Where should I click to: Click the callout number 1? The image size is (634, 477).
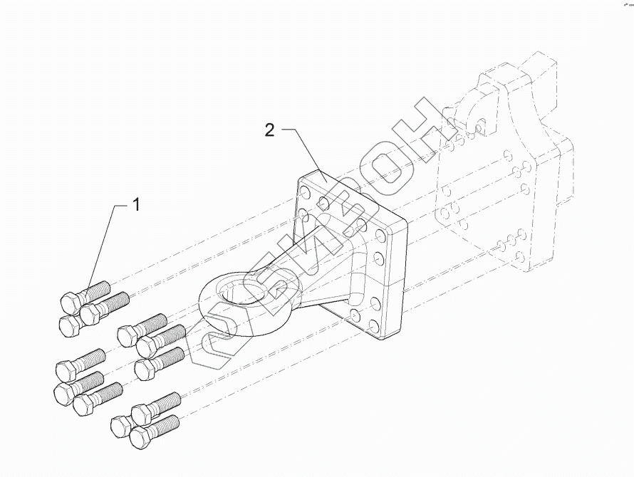click(135, 205)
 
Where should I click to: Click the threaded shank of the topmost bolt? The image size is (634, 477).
click(97, 289)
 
